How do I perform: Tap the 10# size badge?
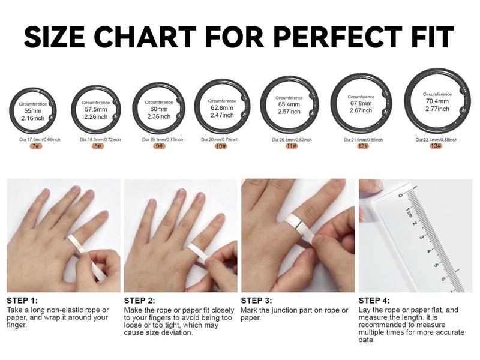[220, 146]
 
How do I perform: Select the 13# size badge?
[436, 146]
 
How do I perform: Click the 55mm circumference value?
[32, 111]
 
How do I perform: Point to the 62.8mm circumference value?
[221, 108]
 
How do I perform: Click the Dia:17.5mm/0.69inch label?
[40, 139]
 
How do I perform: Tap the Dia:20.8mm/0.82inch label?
[292, 139]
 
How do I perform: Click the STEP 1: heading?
[22, 301]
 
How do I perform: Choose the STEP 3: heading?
[256, 301]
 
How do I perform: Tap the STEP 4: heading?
[374, 301]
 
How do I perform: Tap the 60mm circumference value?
[158, 110]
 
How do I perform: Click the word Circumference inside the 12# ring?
[361, 97]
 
